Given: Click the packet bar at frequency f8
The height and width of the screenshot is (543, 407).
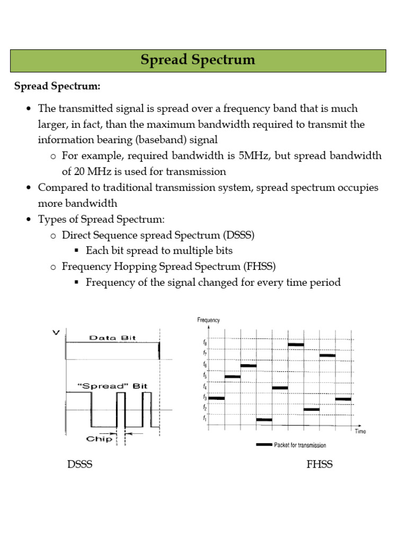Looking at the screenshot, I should click(x=296, y=345).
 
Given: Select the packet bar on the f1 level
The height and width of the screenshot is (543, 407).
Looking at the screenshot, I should click(x=264, y=419).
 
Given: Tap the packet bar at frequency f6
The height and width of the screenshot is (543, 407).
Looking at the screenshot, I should click(x=249, y=365).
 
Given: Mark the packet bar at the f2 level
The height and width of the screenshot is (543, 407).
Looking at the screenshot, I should click(x=312, y=409).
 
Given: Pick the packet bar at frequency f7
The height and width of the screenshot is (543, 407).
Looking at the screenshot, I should click(x=328, y=355).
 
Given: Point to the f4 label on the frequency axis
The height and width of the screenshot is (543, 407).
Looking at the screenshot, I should click(x=205, y=386).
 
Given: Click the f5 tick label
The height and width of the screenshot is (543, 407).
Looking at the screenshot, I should click(x=205, y=375).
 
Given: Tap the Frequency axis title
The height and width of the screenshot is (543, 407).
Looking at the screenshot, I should click(x=208, y=320).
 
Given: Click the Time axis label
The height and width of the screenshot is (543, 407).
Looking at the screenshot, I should click(x=360, y=432).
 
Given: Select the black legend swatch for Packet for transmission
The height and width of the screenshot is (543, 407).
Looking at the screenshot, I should click(x=264, y=444).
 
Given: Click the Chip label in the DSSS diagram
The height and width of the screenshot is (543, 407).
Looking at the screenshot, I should click(x=99, y=439).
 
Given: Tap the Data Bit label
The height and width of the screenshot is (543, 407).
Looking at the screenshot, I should click(x=110, y=337).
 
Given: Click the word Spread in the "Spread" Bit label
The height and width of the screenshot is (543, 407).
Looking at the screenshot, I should click(x=103, y=386).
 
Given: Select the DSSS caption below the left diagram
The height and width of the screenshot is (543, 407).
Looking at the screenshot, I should click(x=79, y=465).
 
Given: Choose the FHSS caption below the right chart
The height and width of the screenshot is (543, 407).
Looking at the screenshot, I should click(x=320, y=465).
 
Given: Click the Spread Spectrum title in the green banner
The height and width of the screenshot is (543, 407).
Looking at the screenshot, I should click(x=198, y=60).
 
